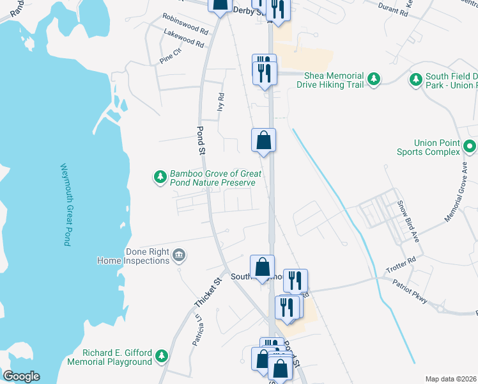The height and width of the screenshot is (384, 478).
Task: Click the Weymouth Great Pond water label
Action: tap(65, 204)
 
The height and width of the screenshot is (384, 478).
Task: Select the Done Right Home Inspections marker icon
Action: tap(180, 256)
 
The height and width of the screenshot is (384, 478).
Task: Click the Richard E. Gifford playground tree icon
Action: tap(162, 356)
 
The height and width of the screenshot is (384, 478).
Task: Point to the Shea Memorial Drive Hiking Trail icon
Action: tap(374, 80)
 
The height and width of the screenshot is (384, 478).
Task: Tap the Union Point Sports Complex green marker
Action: tap(470, 147)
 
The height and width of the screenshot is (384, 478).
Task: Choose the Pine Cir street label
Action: tap(171, 55)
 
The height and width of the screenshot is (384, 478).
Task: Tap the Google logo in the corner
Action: tap(21, 376)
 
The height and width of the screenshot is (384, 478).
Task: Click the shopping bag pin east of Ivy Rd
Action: tap(263, 140)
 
